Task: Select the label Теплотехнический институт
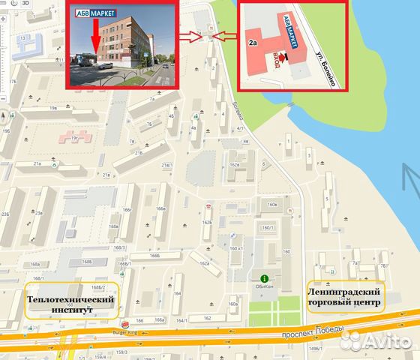tap(71, 303)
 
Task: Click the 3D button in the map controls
tap(25, 3)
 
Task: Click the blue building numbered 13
tap(24, 37)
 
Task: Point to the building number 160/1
tap(266, 228)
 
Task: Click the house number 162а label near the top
tap(234, 164)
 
